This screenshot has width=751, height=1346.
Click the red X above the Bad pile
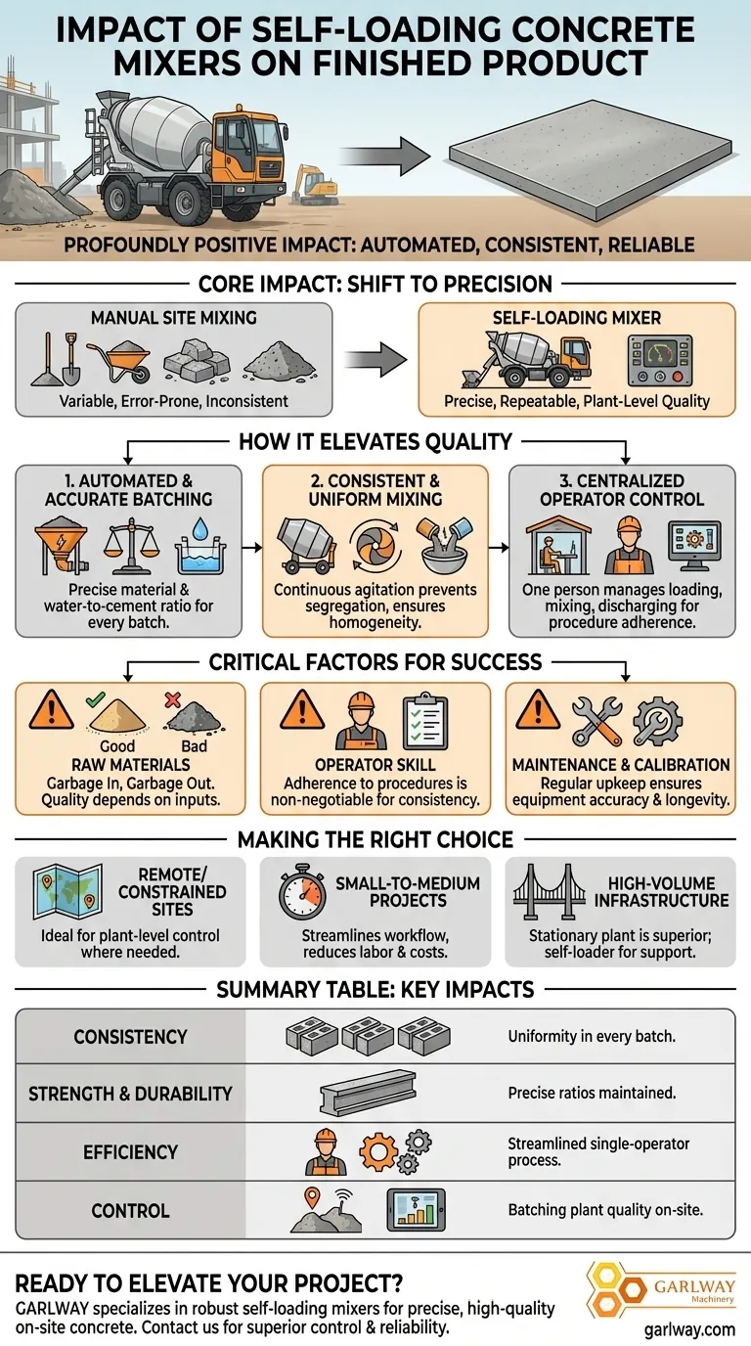pyautogui.click(x=171, y=701)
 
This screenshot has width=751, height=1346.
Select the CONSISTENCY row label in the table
pyautogui.click(x=130, y=1037)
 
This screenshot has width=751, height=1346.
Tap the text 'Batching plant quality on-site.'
pyautogui.click(x=606, y=1210)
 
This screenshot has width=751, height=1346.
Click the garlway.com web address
pyautogui.click(x=690, y=1330)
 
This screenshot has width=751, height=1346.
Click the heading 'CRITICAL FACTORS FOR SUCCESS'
pyautogui.click(x=375, y=662)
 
